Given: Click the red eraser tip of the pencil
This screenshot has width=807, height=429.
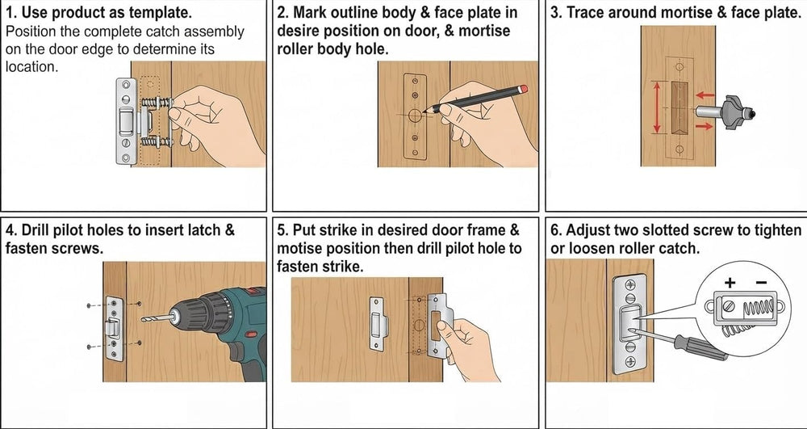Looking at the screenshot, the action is pos(524,89).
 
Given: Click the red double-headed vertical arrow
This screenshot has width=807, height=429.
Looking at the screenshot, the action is pos(657,107).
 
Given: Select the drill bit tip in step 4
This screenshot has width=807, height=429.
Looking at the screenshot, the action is pos(143,320).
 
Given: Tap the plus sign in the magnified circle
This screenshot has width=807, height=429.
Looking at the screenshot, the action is pos(730,283).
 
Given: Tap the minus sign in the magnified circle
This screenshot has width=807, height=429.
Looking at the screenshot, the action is pos(762,283).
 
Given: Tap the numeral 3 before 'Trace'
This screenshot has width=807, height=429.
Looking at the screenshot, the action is pos(555,13).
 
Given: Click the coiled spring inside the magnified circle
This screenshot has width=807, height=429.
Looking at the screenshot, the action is pos(758,309).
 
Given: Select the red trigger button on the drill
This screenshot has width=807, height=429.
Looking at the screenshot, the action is pos(251,334).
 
